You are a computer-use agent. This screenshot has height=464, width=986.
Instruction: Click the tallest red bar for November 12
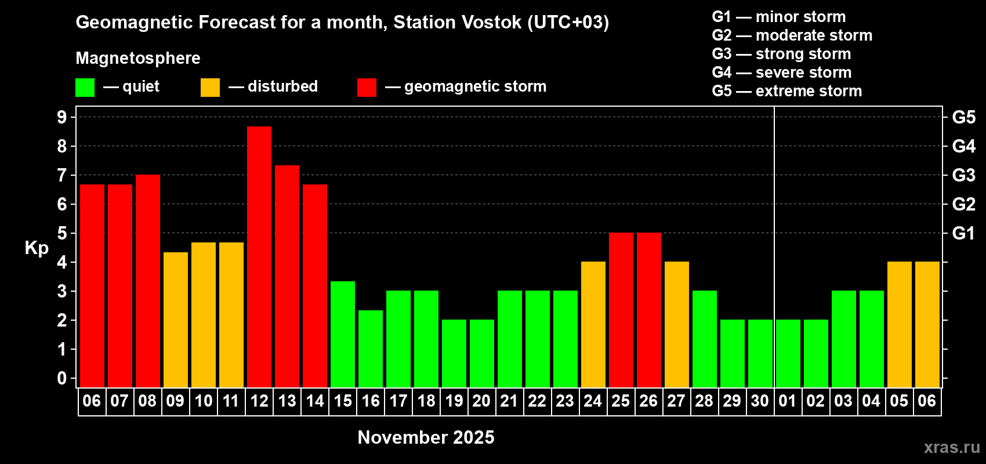tap(259, 257)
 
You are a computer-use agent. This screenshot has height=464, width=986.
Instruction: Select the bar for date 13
tap(287, 276)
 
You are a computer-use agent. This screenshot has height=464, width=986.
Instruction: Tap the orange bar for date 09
tap(176, 320)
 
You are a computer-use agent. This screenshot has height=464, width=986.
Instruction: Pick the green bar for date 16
tap(371, 349)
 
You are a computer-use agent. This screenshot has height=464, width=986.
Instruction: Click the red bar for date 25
tap(621, 310)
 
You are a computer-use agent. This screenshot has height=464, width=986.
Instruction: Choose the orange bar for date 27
tap(677, 324)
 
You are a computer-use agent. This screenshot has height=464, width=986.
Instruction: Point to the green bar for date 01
tap(788, 353)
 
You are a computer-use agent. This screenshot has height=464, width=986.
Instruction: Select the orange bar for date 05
tap(900, 324)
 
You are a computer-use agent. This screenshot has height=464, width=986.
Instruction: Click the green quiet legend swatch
tap(85, 87)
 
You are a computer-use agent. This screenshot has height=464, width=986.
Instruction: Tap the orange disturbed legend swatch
tap(210, 87)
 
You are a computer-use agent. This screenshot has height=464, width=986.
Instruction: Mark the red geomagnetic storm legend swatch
tap(367, 87)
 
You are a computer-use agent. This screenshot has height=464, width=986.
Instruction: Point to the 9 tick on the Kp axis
tap(61, 117)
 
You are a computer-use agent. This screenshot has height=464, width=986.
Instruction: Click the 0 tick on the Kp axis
tap(61, 378)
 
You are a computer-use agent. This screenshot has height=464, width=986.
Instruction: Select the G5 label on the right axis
tap(964, 117)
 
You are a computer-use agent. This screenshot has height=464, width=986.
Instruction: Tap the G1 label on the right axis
tap(964, 233)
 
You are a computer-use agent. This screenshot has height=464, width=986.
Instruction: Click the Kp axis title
tap(37, 248)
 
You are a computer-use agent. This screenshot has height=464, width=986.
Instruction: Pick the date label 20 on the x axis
tap(481, 401)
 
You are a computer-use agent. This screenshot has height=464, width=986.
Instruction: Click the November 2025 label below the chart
tap(426, 437)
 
